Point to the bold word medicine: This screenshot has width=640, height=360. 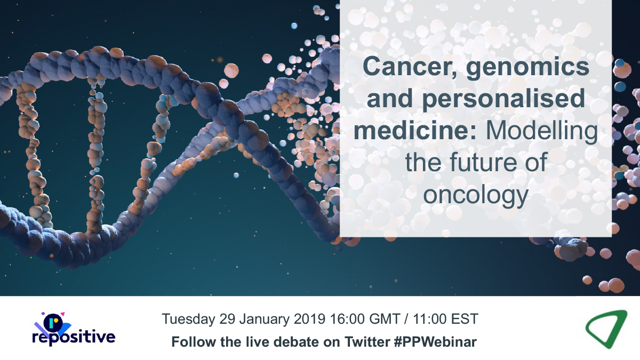click(415, 131)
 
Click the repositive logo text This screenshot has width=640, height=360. click(74, 337)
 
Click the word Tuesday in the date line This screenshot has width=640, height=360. click(188, 319)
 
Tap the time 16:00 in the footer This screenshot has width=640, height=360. click(347, 319)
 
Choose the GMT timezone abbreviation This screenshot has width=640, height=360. click(385, 319)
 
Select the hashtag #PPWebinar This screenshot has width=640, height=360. click(435, 342)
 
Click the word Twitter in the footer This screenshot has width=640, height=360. click(367, 342)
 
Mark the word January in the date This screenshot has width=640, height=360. click(265, 319)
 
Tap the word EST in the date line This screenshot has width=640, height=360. click(465, 319)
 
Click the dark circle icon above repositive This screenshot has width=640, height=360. click(53, 322)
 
